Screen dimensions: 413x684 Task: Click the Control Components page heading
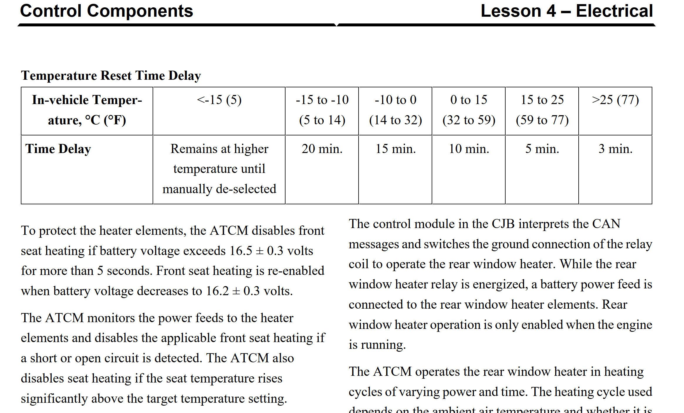[x=107, y=11]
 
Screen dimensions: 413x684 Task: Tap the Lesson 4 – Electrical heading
[x=567, y=11]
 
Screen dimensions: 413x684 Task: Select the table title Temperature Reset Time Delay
[x=111, y=76]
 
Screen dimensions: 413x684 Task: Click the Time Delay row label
[x=58, y=149]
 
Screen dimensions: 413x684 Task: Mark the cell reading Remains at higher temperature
[x=219, y=169]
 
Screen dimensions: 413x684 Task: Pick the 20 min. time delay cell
[x=322, y=149]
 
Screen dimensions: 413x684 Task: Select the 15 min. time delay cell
[x=396, y=149]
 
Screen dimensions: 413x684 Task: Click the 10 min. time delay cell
[x=469, y=149]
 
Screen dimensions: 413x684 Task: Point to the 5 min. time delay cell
[x=542, y=149]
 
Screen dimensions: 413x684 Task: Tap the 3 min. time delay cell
[x=615, y=149]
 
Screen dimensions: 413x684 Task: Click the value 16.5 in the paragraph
[x=241, y=251]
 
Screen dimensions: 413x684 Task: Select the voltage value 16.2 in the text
[x=217, y=291]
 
